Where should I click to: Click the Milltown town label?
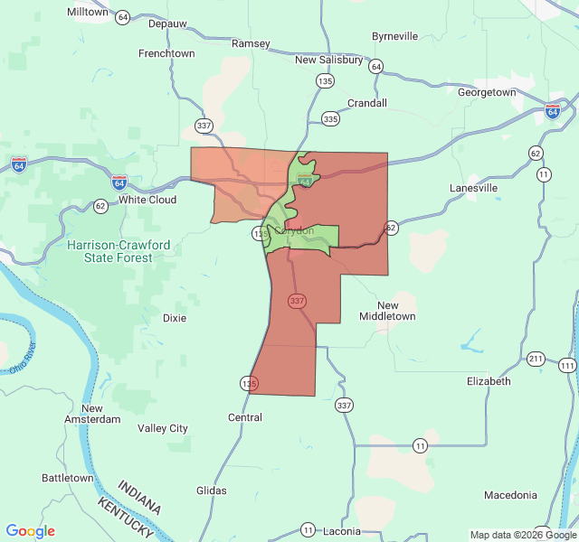coord(88,13)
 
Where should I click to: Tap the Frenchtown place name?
coord(166,53)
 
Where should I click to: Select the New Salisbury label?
coord(328,60)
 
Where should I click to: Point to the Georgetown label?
coord(487,92)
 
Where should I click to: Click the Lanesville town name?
coord(474,188)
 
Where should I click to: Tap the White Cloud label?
coord(147,200)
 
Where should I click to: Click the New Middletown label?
coord(387,311)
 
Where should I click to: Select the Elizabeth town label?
coord(489,381)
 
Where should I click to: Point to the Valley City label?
coord(163,428)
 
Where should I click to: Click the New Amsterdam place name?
coord(92,414)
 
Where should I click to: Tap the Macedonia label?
coord(510,495)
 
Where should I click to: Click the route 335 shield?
coord(330,118)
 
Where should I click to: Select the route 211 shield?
coord(536,359)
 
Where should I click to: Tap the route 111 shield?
coord(567,365)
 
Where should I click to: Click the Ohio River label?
coord(23,359)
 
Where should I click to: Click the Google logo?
coord(30,531)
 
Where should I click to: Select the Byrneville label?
coord(395,36)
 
